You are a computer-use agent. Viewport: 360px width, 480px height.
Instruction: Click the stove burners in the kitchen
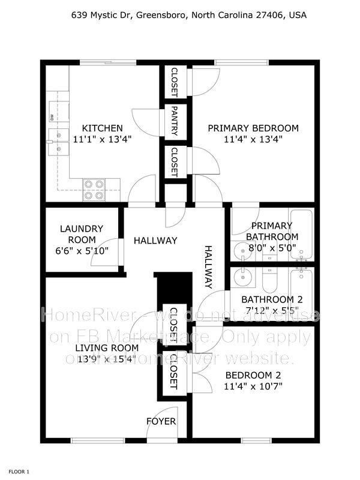[94, 190]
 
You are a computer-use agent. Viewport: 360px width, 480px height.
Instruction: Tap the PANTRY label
[175, 121]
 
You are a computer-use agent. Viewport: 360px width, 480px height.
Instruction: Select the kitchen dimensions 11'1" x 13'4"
[102, 139]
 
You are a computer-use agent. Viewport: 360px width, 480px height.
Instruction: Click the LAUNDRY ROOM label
[82, 234]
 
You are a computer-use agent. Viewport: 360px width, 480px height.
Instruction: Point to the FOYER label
[161, 422]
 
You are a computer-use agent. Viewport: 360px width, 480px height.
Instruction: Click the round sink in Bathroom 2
[244, 278]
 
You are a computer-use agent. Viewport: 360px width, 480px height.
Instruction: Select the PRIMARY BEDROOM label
[253, 128]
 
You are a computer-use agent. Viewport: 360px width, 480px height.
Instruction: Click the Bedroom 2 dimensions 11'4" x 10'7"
[253, 386]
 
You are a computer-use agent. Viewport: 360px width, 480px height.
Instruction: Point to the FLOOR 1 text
[19, 472]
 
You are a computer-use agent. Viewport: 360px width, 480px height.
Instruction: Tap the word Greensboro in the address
[161, 15]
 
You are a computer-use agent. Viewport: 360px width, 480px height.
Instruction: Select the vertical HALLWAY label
[208, 267]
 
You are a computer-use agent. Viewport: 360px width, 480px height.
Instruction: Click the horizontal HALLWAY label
[155, 241]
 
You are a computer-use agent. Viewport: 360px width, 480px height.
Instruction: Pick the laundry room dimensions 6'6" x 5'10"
[82, 251]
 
